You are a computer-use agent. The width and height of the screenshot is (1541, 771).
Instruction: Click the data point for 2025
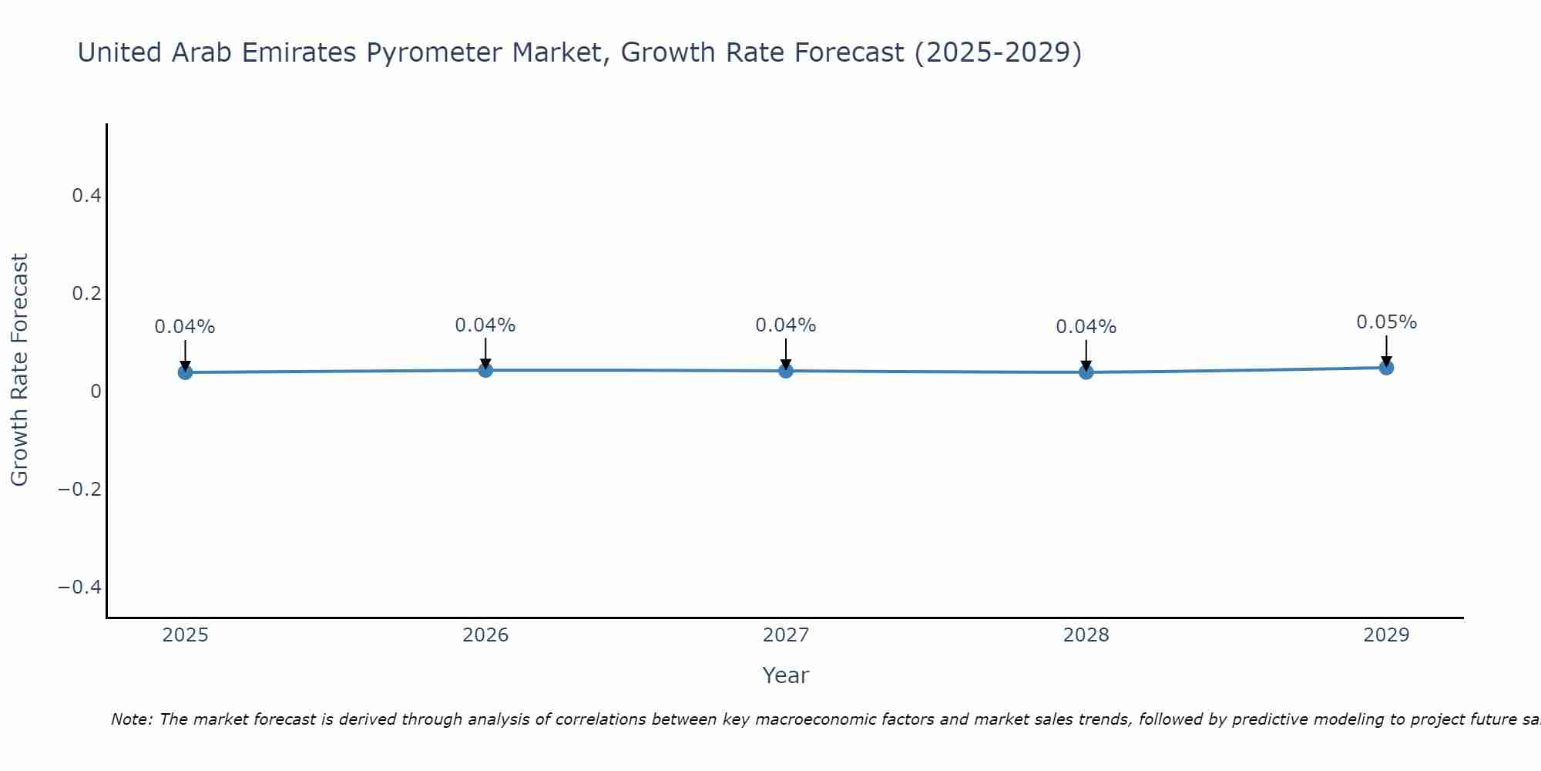point(185,372)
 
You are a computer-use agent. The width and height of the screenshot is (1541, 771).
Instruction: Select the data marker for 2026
point(485,370)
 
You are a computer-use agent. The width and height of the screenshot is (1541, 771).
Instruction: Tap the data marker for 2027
point(786,371)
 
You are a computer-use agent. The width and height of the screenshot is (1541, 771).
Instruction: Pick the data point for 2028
point(1086,372)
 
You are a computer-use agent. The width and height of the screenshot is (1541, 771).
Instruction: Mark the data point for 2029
point(1386,368)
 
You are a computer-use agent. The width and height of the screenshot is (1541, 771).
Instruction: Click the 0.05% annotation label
point(1386,322)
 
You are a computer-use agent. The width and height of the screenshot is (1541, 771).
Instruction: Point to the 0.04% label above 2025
point(185,327)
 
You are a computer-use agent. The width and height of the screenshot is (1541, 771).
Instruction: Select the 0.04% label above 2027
point(786,325)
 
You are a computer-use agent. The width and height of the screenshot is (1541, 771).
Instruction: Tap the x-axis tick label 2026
point(485,635)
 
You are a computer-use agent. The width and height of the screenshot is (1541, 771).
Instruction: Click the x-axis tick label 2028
point(1086,635)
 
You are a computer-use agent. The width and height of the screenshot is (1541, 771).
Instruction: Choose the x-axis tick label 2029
point(1386,635)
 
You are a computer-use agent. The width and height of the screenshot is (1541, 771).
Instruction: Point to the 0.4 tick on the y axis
point(86,196)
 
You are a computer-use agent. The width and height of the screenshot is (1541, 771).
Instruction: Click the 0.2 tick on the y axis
point(86,294)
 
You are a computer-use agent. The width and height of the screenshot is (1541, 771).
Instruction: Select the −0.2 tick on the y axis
point(80,490)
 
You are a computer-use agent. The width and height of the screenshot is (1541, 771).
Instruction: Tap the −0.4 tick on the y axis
point(80,588)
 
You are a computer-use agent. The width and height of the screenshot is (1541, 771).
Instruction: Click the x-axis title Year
point(785,675)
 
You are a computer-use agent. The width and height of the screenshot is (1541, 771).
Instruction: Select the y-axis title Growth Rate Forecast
point(19,370)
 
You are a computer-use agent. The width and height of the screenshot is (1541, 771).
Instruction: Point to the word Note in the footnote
point(131,719)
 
